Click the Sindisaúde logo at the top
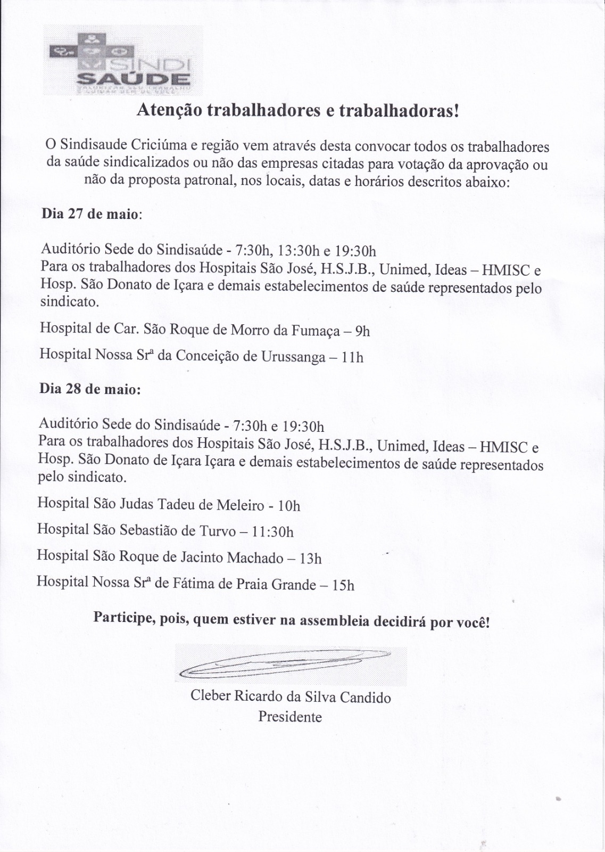(123, 60)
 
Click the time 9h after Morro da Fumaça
(362, 331)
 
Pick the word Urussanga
(293, 356)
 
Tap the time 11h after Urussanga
(352, 357)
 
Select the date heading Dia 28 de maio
(90, 389)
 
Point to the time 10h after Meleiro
(289, 506)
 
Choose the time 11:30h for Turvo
(272, 532)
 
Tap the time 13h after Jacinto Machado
(311, 559)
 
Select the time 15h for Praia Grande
(343, 585)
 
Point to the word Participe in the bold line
(123, 618)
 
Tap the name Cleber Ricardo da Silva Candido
(291, 697)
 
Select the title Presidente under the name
(290, 717)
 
